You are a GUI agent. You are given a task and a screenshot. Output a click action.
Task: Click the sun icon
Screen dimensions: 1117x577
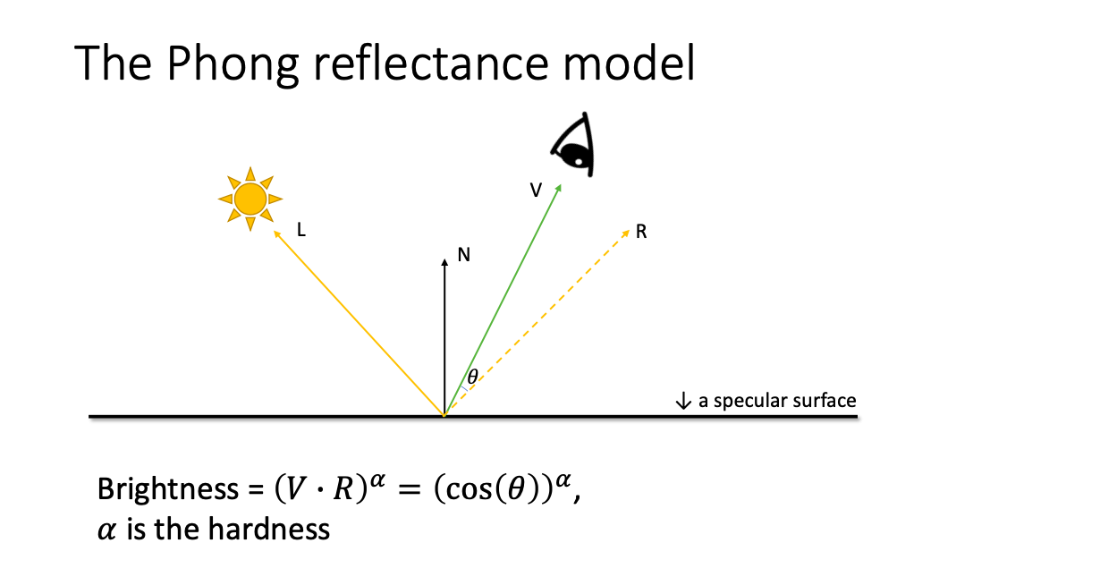tap(250, 199)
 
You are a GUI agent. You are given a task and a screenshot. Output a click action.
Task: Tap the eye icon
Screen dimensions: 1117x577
tap(573, 145)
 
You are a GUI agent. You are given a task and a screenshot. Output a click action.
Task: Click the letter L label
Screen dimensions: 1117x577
tap(301, 230)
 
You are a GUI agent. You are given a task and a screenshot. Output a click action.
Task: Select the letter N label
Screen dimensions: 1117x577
tap(464, 255)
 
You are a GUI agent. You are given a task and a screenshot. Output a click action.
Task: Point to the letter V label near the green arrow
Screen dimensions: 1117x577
tap(536, 190)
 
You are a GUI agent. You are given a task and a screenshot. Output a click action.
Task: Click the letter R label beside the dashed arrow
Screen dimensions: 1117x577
tap(641, 232)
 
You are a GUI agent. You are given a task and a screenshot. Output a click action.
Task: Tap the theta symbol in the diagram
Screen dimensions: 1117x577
tap(473, 376)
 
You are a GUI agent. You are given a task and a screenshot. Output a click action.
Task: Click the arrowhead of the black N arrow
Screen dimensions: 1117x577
tap(444, 262)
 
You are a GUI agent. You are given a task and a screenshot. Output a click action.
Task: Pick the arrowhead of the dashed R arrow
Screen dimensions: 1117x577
tap(626, 233)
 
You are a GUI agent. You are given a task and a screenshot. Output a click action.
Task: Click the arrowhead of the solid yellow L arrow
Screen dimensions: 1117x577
tap(277, 233)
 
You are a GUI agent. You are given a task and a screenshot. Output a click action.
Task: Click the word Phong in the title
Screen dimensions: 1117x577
tap(233, 64)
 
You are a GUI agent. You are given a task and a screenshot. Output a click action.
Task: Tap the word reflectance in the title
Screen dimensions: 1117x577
tap(431, 64)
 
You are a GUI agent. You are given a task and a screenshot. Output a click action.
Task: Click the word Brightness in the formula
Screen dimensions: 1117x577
tap(168, 489)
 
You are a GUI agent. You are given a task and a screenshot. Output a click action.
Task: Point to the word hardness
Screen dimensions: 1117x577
tap(269, 529)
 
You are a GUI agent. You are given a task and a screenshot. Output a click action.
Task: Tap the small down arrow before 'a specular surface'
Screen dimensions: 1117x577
tap(683, 401)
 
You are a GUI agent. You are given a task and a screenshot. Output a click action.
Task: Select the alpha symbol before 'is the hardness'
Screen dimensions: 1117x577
tap(106, 530)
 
